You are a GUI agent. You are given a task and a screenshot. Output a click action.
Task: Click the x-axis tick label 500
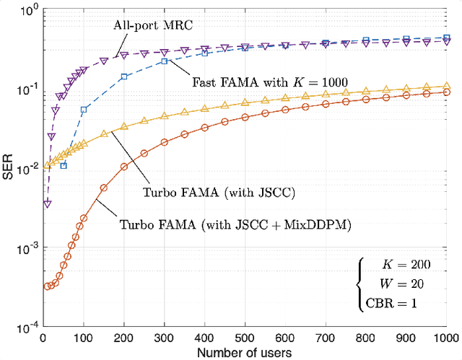pos(245,338)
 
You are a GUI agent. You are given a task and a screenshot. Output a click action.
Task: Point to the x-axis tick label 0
pos(44,338)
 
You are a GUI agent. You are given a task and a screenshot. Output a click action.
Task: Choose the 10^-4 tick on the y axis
pos(26,327)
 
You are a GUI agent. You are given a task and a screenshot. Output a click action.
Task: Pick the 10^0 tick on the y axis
pos(28,12)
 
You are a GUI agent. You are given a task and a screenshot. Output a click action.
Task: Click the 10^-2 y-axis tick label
pos(26,170)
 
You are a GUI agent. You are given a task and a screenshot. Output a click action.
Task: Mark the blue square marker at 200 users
pos(124,76)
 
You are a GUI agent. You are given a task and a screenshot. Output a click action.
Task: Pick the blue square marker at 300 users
pos(165,61)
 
